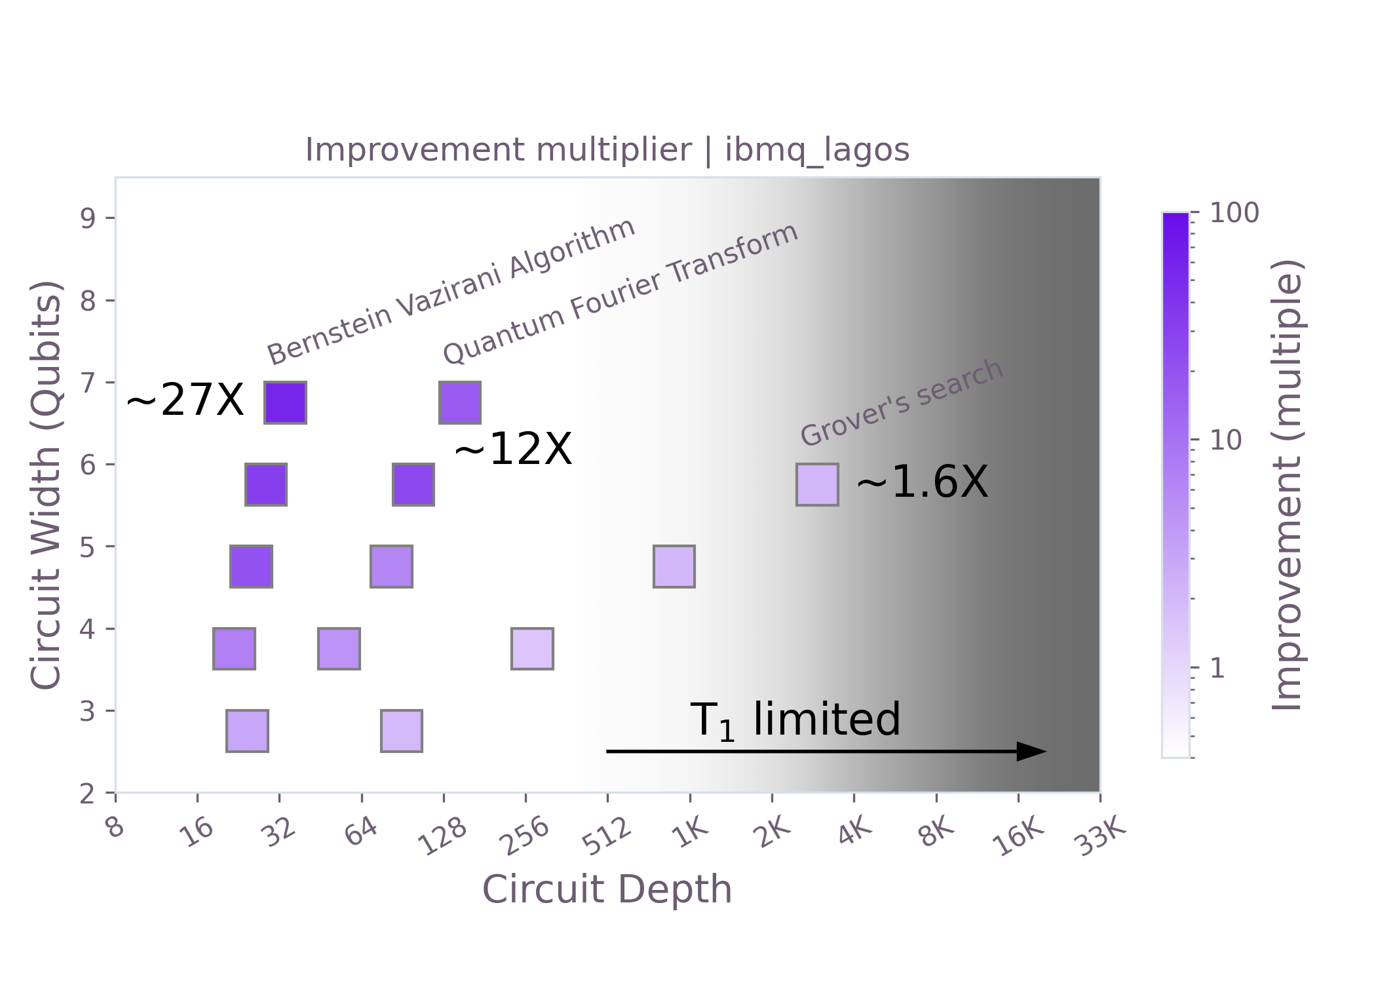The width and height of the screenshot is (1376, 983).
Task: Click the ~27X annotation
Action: click(x=185, y=400)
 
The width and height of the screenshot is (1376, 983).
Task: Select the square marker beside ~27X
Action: click(x=285, y=402)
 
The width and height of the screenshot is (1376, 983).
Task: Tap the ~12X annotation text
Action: click(x=513, y=450)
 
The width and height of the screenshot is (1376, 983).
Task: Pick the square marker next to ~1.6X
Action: click(x=817, y=484)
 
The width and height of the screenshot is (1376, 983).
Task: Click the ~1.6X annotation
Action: click(x=922, y=483)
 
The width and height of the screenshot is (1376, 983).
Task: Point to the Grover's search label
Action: click(x=902, y=403)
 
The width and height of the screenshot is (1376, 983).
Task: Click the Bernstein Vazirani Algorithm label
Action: click(x=451, y=292)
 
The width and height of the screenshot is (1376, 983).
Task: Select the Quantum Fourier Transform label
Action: click(x=620, y=294)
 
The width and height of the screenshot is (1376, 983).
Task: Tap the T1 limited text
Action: click(x=795, y=720)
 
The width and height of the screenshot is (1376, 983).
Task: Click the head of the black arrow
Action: click(x=1031, y=752)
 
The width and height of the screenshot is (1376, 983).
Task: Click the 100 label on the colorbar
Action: click(x=1234, y=214)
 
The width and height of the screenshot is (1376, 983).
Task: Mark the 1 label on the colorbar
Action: click(x=1217, y=668)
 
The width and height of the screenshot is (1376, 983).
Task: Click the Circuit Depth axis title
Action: click(x=607, y=890)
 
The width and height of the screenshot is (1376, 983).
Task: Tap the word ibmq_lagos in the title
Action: click(x=816, y=150)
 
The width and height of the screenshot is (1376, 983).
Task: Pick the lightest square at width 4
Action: click(x=532, y=649)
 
